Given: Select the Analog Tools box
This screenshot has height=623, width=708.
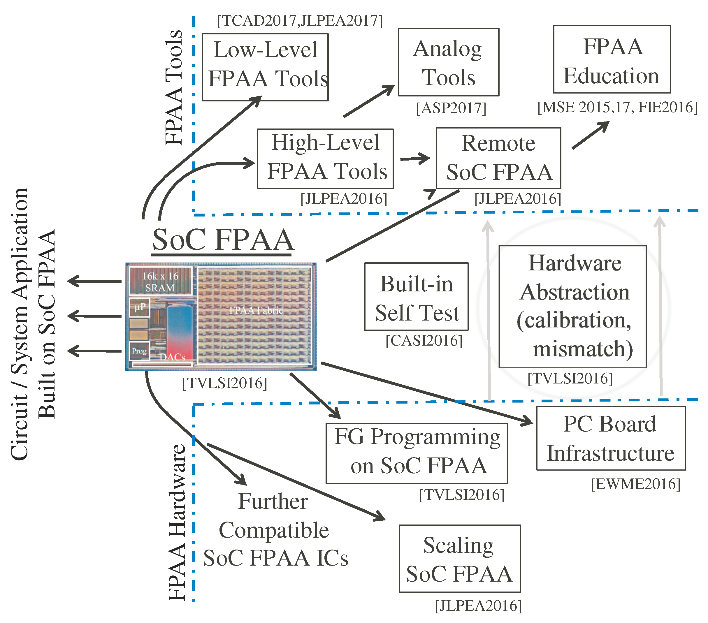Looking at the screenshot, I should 448,62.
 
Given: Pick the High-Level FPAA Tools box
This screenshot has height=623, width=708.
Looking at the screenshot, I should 325,159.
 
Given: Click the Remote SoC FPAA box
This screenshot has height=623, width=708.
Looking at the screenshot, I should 498,158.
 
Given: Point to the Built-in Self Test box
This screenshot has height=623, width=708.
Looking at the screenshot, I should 416,296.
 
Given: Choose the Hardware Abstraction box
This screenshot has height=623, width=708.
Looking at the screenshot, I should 572,307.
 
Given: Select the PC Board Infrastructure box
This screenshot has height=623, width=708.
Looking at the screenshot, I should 610,438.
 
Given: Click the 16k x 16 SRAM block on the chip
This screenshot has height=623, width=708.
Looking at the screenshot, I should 160,281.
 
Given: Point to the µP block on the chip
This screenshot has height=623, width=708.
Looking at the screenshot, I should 140,307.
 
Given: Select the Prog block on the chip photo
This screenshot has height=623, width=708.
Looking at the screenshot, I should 139,351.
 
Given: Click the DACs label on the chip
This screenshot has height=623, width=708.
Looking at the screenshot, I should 172,357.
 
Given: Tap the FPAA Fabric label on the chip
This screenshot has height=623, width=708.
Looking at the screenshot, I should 256,311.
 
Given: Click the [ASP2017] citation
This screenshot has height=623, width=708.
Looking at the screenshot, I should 451,108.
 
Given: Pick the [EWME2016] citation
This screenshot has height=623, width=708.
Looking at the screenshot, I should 635,484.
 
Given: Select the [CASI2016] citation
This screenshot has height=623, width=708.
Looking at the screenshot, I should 424,341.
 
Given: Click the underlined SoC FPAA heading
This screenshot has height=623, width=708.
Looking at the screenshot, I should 223,240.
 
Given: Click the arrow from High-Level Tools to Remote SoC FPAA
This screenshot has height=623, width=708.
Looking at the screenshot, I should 414,159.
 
